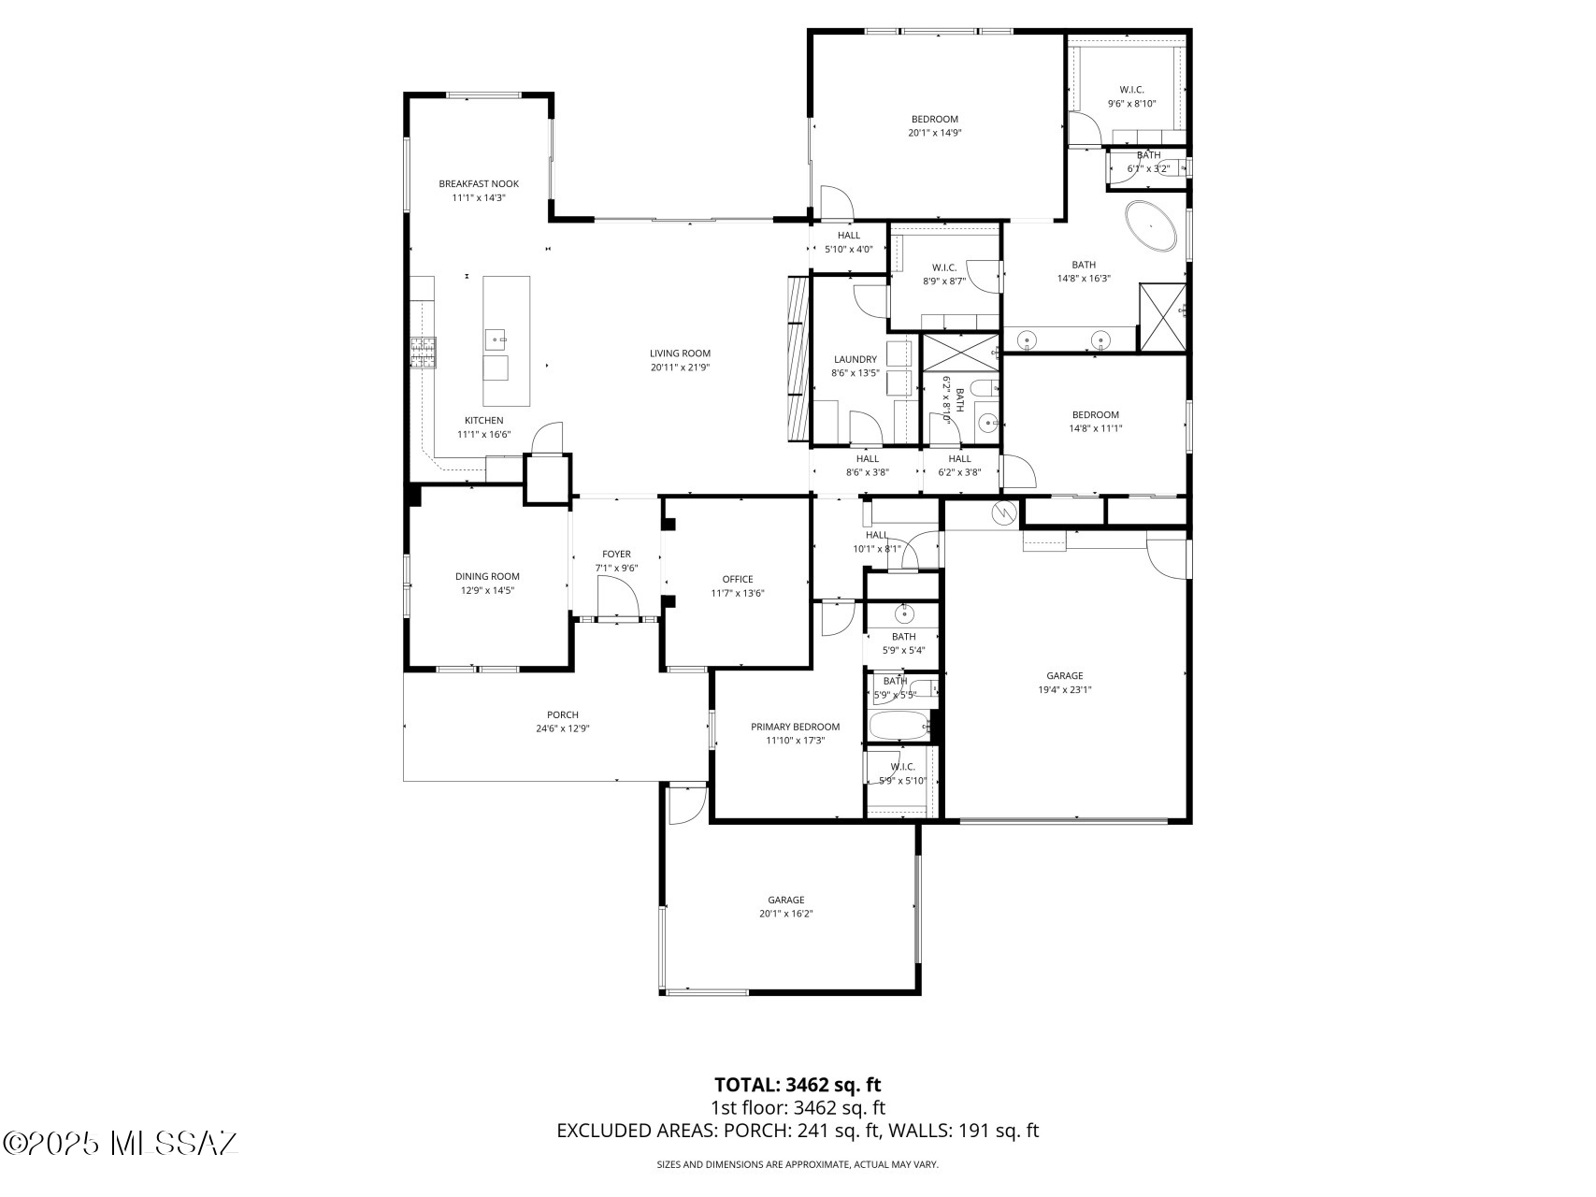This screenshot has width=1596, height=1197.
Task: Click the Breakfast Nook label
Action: pos(479,184)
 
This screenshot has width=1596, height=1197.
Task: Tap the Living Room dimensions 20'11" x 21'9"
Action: pos(681,368)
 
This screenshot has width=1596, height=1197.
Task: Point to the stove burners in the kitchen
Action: pos(422,353)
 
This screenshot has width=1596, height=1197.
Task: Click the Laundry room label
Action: pos(856,359)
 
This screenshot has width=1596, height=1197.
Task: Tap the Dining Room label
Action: pos(487,577)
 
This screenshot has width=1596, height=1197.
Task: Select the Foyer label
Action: pos(616,555)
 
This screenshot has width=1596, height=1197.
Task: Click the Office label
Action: pos(738,579)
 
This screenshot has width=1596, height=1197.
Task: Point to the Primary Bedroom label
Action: pos(796,727)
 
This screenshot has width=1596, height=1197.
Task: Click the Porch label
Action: pos(563,715)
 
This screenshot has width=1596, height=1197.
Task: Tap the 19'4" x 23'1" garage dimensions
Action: pos(1065,690)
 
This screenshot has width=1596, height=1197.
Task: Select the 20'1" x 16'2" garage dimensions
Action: pos(786,914)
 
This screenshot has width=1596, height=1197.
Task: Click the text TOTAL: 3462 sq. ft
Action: pos(798,1085)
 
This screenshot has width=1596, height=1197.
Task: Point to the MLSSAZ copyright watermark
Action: pos(121,1143)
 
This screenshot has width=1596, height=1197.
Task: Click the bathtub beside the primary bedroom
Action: pos(899,726)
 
